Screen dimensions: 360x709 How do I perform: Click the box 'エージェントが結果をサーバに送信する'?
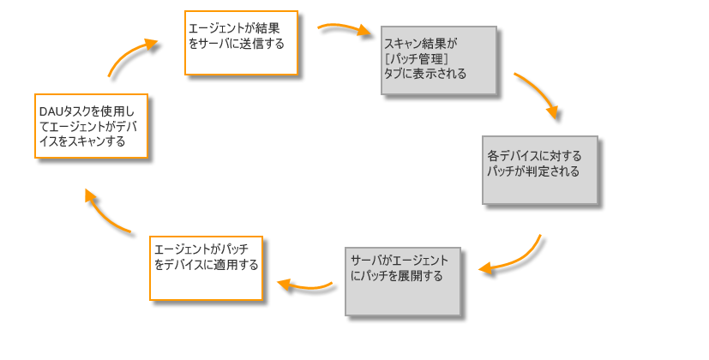(x=241, y=43)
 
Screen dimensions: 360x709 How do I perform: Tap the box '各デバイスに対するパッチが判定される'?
(x=539, y=170)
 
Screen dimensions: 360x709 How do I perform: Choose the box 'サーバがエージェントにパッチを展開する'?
(x=403, y=281)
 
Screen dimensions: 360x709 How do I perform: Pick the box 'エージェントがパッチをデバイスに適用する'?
(x=206, y=267)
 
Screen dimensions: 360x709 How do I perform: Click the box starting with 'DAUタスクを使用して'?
(x=91, y=126)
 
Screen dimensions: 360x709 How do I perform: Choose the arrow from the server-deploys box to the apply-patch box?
(x=304, y=285)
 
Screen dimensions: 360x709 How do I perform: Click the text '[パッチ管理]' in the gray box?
(x=418, y=58)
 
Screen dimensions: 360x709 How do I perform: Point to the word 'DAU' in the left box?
(x=49, y=111)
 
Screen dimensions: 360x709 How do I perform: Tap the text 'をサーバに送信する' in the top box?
(x=236, y=43)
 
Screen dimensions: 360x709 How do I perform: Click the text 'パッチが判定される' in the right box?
(x=533, y=171)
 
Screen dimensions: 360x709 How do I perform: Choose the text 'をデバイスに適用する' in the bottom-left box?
(x=206, y=265)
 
